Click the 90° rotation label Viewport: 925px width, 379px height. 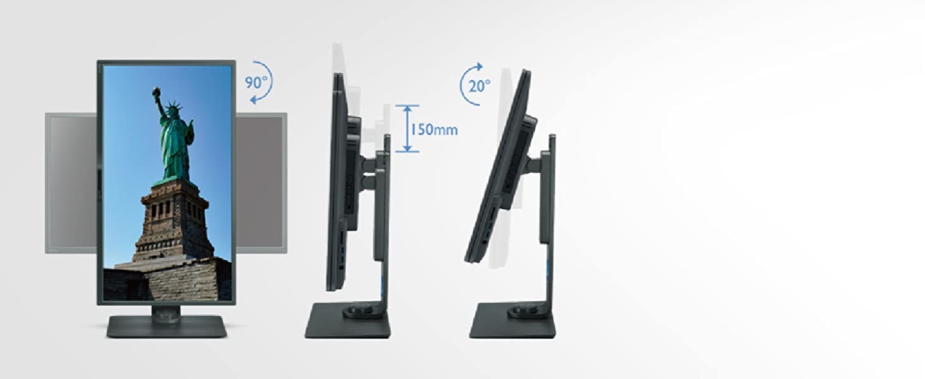(x=256, y=83)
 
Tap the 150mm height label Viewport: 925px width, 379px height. (x=433, y=129)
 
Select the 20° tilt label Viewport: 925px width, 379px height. (x=480, y=86)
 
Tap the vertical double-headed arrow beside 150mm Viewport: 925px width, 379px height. (x=408, y=128)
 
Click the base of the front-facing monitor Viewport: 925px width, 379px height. (x=167, y=327)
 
